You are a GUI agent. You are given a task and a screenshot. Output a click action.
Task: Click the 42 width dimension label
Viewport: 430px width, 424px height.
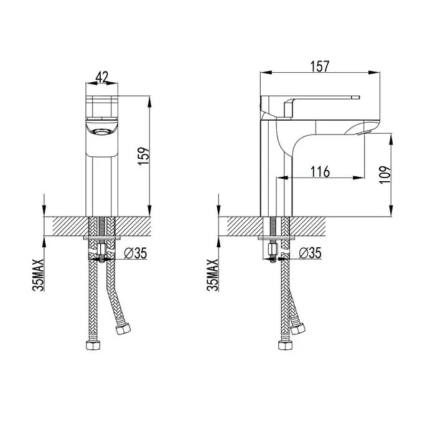101,77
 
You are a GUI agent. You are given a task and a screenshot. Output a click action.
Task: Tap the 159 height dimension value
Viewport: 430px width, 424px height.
144,156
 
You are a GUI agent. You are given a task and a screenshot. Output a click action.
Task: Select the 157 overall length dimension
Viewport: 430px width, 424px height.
319,66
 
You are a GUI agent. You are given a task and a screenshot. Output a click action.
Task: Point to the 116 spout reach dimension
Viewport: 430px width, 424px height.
320,172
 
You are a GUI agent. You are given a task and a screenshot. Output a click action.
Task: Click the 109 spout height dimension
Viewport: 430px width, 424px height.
385,175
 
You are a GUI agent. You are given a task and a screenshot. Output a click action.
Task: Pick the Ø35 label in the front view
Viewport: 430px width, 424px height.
135,253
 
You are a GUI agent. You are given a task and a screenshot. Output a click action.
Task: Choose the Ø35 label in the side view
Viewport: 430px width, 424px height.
310,253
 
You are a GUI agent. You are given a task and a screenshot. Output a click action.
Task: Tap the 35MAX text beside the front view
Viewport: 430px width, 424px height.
38,275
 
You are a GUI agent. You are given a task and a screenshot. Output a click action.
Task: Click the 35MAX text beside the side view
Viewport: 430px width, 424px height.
213,275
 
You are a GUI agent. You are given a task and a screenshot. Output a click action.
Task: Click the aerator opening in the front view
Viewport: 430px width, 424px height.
101,131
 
